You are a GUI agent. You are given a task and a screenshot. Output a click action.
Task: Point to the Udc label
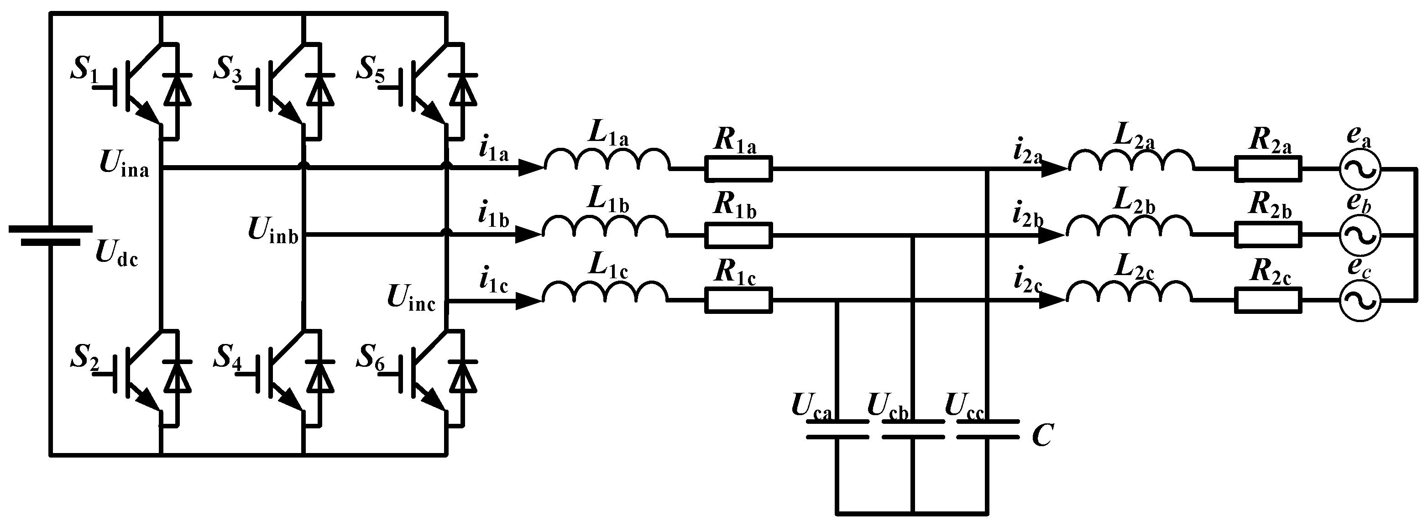point(116,254)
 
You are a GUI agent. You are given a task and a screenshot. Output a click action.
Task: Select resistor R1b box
point(738,235)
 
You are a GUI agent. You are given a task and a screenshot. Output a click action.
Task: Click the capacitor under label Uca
point(837,430)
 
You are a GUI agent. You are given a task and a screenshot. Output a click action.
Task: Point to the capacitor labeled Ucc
point(987,430)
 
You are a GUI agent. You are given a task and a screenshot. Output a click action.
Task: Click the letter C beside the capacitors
point(1042,436)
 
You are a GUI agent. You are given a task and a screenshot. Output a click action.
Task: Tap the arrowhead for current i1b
point(527,235)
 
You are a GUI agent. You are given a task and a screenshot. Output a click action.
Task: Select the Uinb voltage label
point(273,230)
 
